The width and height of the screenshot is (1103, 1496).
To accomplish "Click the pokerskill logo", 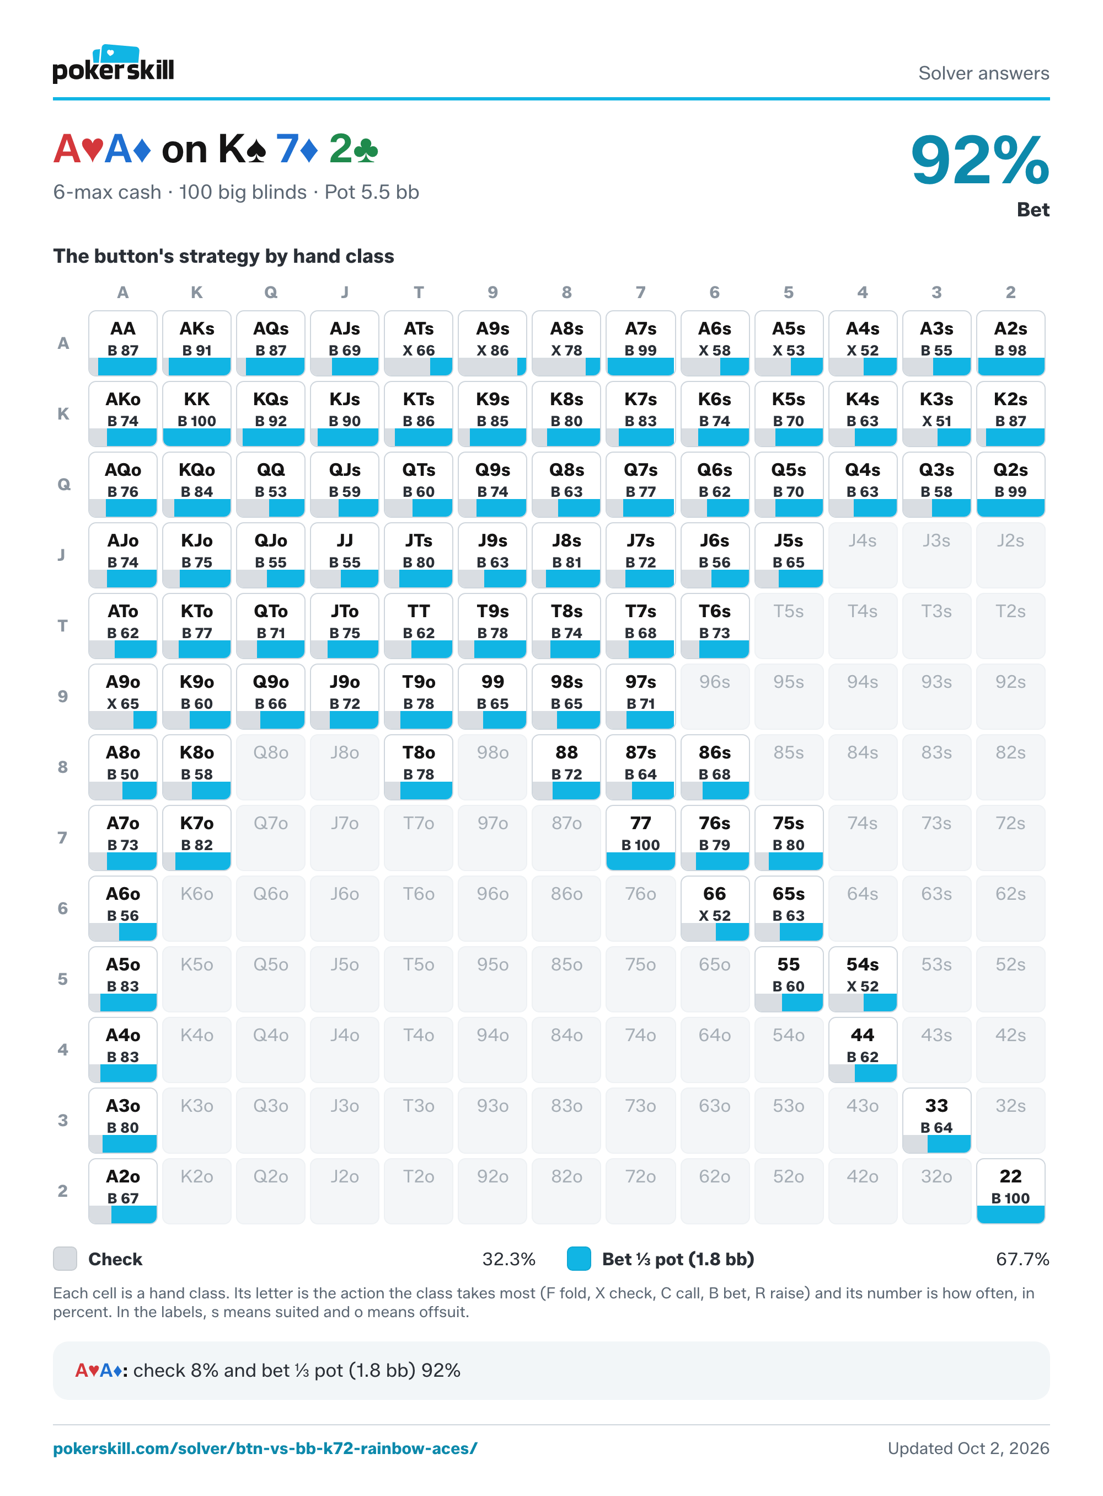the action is (x=113, y=64).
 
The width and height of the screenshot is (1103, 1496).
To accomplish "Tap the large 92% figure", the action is (x=979, y=160).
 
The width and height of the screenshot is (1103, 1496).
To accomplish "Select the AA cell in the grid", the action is (x=123, y=343).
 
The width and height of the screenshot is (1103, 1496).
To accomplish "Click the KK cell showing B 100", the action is (x=197, y=413).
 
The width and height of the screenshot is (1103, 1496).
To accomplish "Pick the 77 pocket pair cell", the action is (x=640, y=838).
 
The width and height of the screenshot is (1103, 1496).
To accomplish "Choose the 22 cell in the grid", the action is (x=1010, y=1191).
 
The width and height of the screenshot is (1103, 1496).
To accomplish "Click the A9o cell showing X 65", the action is (x=123, y=696).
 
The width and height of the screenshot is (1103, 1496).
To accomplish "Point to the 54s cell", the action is (x=863, y=979).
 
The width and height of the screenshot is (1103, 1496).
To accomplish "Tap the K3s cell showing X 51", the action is (x=936, y=413).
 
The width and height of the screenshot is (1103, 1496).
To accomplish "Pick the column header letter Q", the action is (x=270, y=293).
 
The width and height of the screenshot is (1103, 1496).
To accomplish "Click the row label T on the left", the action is (x=63, y=626).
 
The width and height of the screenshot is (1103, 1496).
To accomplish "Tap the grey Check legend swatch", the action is (x=65, y=1259).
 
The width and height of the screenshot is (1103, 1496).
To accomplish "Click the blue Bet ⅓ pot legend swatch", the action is (x=579, y=1259).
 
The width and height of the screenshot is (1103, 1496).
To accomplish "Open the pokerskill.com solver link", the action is (x=265, y=1448).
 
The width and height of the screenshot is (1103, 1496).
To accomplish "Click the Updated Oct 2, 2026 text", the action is (x=968, y=1448).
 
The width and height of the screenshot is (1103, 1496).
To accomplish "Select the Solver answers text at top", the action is (x=983, y=73).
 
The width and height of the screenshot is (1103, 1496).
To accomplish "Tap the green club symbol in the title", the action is (x=366, y=150).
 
